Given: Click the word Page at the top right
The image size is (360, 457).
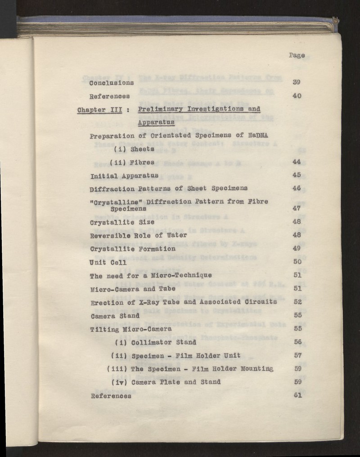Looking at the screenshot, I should coord(297,55).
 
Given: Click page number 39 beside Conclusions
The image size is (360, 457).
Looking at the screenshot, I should coord(296,82).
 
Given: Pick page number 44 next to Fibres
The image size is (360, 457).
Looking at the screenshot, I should coord(296,162).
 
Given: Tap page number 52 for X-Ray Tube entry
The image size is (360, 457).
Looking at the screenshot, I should coord(297,302).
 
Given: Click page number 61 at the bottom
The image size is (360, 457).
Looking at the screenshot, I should coord(297,395).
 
